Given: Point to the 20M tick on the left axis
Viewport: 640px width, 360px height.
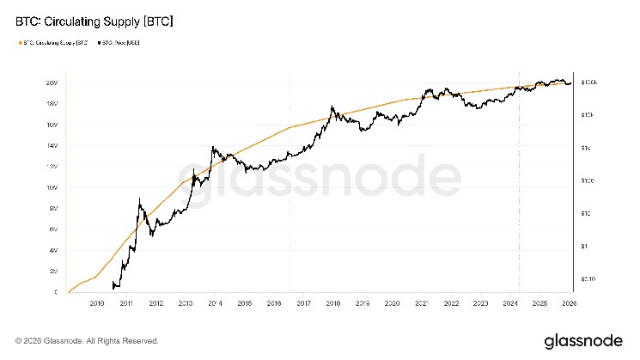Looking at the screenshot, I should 52,83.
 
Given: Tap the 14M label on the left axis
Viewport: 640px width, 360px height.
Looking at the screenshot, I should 52,146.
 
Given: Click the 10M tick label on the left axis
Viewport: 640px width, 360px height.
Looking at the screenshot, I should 52,188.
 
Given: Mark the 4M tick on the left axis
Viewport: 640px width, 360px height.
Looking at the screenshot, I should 53,251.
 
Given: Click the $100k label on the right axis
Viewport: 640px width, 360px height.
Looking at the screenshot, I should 588,82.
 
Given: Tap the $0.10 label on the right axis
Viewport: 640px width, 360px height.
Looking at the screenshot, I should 588,279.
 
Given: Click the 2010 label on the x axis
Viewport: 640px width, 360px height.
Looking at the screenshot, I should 97,303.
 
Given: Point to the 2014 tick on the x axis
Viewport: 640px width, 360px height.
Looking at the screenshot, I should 215,303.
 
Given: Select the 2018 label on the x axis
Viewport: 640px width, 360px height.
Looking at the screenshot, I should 333,303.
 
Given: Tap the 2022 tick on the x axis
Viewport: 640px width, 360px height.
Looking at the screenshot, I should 451,303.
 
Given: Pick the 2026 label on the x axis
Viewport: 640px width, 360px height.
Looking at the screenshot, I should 569,303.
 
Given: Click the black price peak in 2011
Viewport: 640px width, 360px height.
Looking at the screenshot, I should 139,199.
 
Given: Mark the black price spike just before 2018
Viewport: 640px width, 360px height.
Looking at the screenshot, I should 332,107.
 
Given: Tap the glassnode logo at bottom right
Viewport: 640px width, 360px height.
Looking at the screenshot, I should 582,340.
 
